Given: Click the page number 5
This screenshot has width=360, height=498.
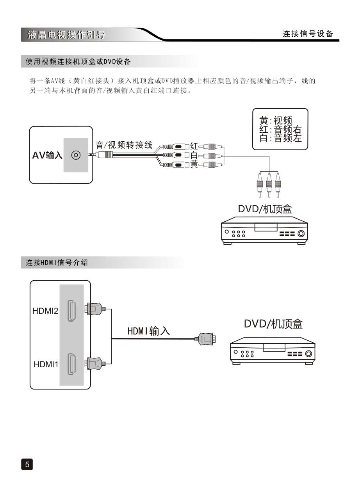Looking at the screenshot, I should pyautogui.click(x=27, y=464).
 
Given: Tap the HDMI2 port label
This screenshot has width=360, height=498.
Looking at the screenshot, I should pyautogui.click(x=45, y=311).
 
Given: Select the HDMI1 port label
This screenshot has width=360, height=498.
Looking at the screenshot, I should pyautogui.click(x=46, y=365).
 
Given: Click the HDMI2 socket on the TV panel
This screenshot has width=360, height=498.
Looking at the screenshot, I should pyautogui.click(x=71, y=311).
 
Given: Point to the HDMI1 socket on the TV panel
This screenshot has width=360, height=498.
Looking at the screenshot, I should pyautogui.click(x=71, y=364).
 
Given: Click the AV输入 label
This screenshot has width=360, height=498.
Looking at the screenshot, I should pyautogui.click(x=47, y=155).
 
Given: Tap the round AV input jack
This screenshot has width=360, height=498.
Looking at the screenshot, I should pyautogui.click(x=76, y=155).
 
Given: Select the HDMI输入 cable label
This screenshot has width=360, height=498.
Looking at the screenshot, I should pyautogui.click(x=149, y=331).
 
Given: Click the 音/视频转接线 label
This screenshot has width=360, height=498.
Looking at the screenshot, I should pyautogui.click(x=124, y=145).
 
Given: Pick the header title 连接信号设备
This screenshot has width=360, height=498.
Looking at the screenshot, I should pyautogui.click(x=308, y=34).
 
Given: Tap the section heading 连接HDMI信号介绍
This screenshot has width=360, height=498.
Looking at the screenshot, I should pyautogui.click(x=57, y=263).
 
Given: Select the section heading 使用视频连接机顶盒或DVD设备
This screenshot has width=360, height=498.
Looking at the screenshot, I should pyautogui.click(x=78, y=62).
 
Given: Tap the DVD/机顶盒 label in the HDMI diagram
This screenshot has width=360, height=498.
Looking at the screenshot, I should pyautogui.click(x=273, y=324).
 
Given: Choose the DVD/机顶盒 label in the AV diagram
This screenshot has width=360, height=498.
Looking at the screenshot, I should pyautogui.click(x=265, y=209).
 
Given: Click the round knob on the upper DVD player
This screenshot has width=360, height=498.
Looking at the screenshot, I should pyautogui.click(x=301, y=234).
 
